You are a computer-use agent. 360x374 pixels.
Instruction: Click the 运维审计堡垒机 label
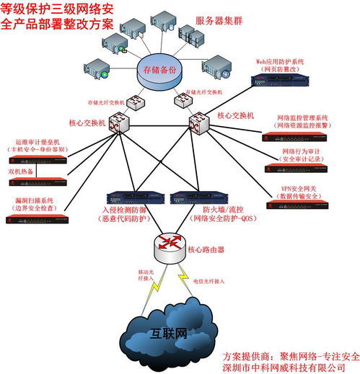tap(36, 144)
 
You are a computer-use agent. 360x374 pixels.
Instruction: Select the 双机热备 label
tap(22, 172)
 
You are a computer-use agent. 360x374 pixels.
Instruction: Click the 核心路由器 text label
tap(206, 250)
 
